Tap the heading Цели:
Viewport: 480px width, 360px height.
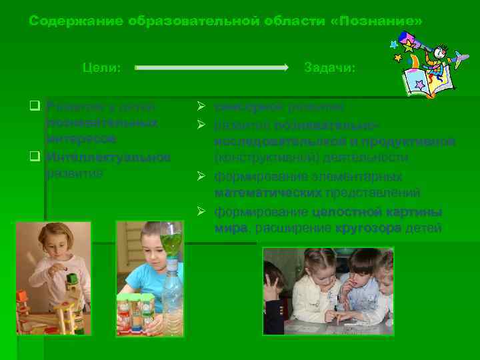tap(101, 67)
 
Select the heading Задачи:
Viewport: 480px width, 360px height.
tap(329, 67)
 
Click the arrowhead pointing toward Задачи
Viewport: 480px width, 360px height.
tap(284, 67)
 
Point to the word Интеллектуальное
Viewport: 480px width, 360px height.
tap(108, 157)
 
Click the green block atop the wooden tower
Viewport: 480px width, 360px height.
tap(71, 279)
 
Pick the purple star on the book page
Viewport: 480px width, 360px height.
tap(419, 85)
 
